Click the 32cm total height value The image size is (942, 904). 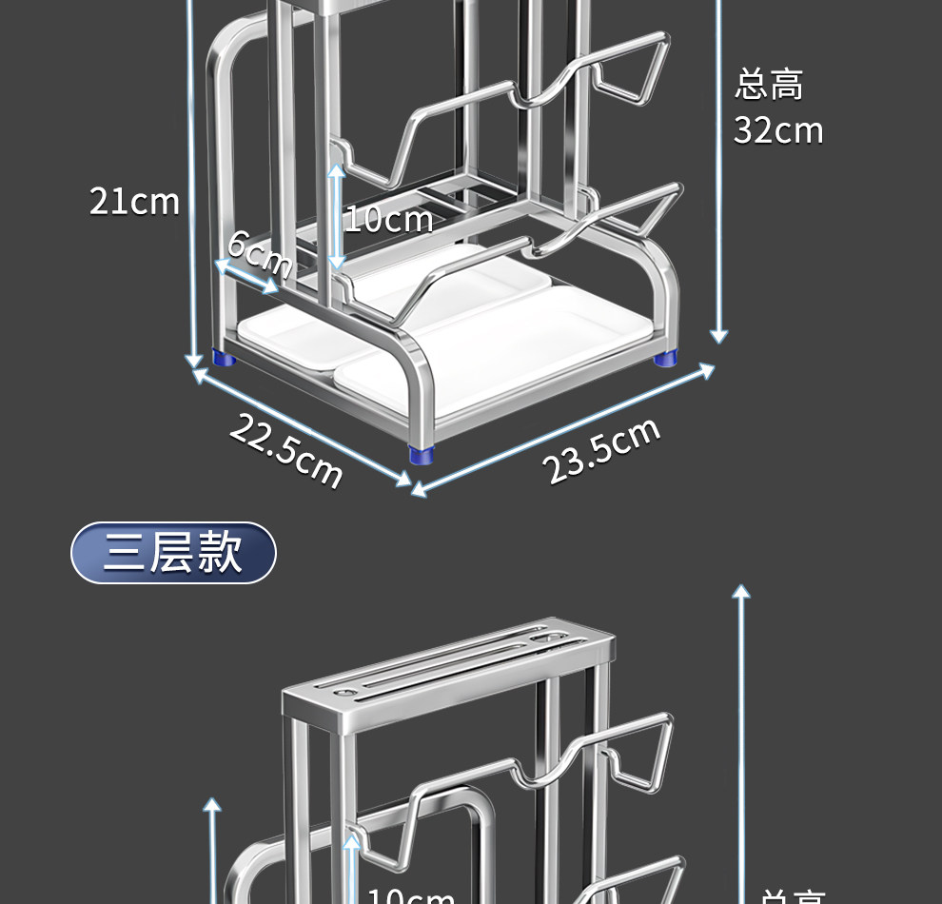coord(778,130)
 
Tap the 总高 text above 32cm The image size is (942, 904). coord(769,85)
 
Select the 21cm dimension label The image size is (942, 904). coord(134,202)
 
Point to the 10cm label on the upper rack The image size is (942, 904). coord(388,220)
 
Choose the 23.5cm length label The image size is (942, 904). coord(601,450)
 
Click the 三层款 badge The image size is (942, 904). coord(173,552)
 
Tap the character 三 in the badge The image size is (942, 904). coord(124,552)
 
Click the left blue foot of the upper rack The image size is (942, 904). coord(225,359)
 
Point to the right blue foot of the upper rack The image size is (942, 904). coord(666,359)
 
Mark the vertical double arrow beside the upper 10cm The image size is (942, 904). coord(336,215)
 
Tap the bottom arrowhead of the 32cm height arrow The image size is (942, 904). coord(719,336)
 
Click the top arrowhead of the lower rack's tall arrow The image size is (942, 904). coord(741,591)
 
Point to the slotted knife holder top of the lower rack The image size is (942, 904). coord(447,671)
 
